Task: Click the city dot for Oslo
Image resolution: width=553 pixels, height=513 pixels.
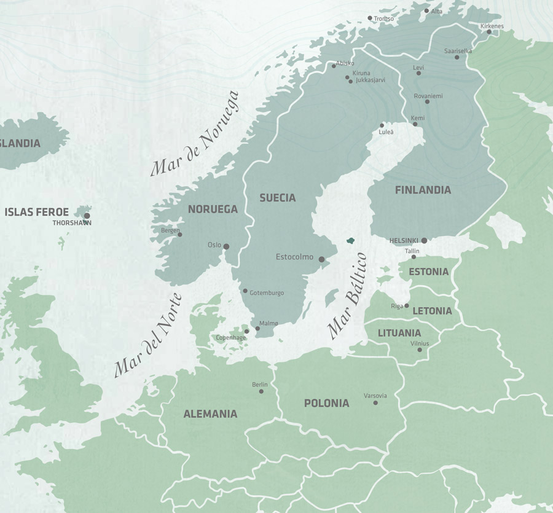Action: click(x=226, y=246)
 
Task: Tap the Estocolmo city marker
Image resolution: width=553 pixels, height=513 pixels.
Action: click(x=321, y=259)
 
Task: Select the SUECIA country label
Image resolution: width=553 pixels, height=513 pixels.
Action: click(x=277, y=198)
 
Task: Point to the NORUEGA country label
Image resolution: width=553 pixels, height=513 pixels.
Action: click(x=213, y=210)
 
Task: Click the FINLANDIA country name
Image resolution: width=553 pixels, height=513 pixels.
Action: click(x=423, y=190)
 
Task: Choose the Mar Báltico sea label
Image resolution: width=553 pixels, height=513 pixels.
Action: click(x=348, y=296)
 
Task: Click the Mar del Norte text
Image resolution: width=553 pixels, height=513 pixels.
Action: click(x=149, y=335)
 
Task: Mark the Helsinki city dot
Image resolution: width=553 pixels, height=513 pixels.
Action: click(x=424, y=241)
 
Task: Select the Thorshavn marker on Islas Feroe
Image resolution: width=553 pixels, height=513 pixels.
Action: click(x=87, y=216)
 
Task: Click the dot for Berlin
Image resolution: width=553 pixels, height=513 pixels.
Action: click(x=261, y=391)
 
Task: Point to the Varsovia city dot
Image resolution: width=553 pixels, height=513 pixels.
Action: click(x=375, y=402)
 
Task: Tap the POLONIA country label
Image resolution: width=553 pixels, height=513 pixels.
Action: click(x=326, y=404)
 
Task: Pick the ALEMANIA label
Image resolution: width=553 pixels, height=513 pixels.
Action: click(x=210, y=414)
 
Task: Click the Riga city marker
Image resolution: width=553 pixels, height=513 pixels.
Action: click(x=407, y=305)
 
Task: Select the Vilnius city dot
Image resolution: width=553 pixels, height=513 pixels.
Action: click(x=420, y=350)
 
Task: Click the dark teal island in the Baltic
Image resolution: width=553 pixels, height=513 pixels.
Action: click(x=351, y=241)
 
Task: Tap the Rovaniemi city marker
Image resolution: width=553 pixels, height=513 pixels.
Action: click(x=427, y=101)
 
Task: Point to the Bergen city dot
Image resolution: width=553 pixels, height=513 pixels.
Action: click(x=180, y=234)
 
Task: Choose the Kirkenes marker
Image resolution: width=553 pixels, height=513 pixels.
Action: click(x=490, y=32)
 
